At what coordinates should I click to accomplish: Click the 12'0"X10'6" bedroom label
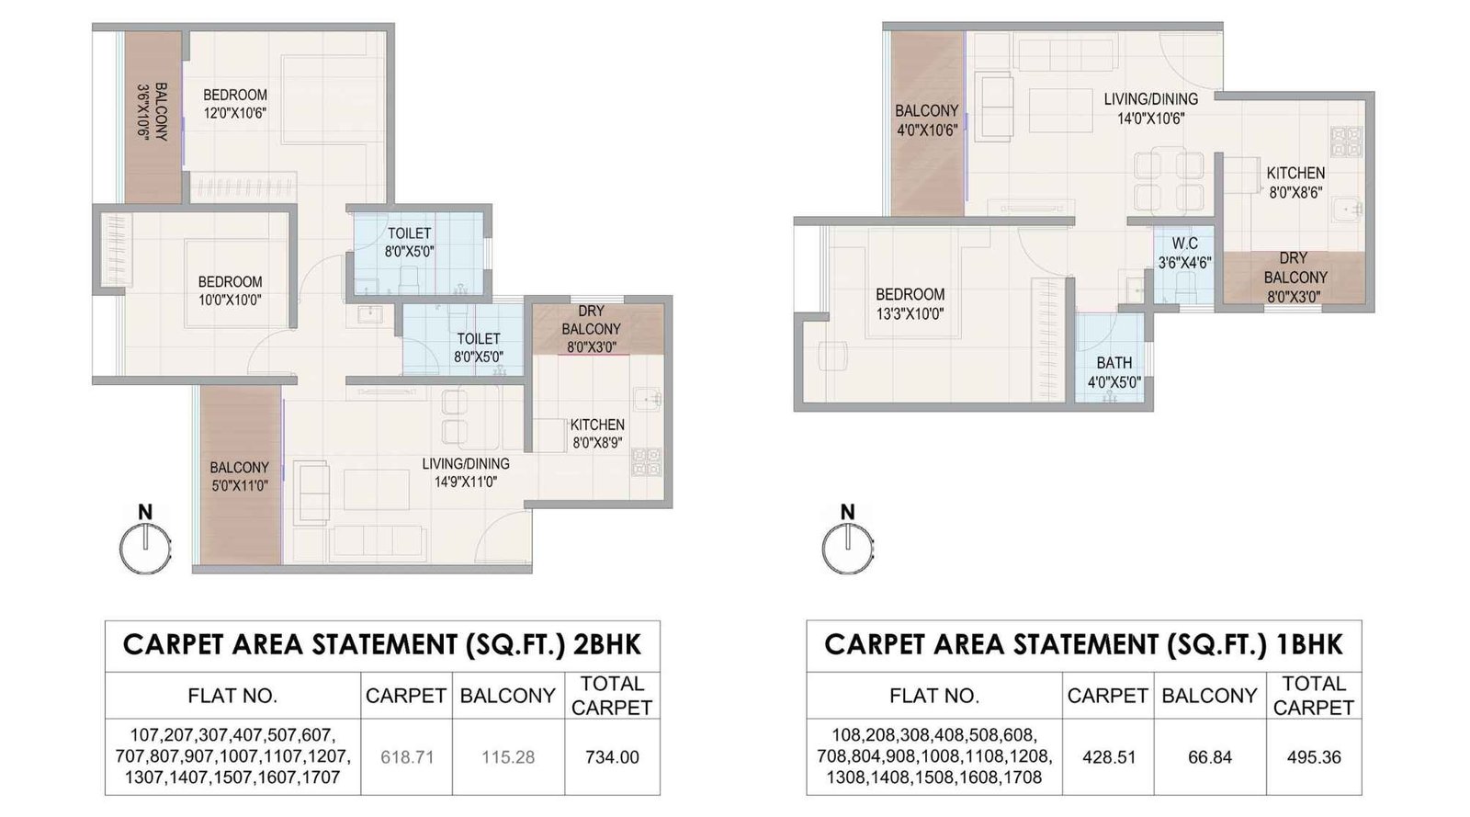(235, 104)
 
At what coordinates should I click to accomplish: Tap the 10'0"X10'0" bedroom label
(230, 290)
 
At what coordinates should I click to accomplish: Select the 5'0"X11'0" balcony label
(239, 476)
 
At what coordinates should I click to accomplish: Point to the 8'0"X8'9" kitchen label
(597, 433)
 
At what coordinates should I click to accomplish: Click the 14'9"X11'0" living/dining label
(465, 472)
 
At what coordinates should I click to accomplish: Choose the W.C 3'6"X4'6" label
(1184, 253)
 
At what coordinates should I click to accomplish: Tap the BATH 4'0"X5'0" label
(1114, 372)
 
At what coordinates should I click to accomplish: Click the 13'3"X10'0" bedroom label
(910, 303)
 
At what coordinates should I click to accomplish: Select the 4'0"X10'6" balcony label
(927, 120)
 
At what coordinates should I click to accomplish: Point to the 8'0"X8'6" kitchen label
(1295, 183)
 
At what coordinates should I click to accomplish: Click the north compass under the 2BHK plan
(145, 548)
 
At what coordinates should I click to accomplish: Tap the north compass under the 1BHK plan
(847, 548)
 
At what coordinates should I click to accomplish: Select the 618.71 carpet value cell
(406, 757)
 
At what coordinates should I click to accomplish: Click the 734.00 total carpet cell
(612, 757)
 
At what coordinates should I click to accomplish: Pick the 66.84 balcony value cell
(1209, 757)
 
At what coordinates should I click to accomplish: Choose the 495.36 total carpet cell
(1314, 757)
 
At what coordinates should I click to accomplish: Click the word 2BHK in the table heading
(606, 644)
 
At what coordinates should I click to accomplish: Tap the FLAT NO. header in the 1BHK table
(933, 696)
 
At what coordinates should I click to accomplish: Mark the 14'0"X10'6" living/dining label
(1150, 108)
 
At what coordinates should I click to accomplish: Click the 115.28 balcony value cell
(508, 757)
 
